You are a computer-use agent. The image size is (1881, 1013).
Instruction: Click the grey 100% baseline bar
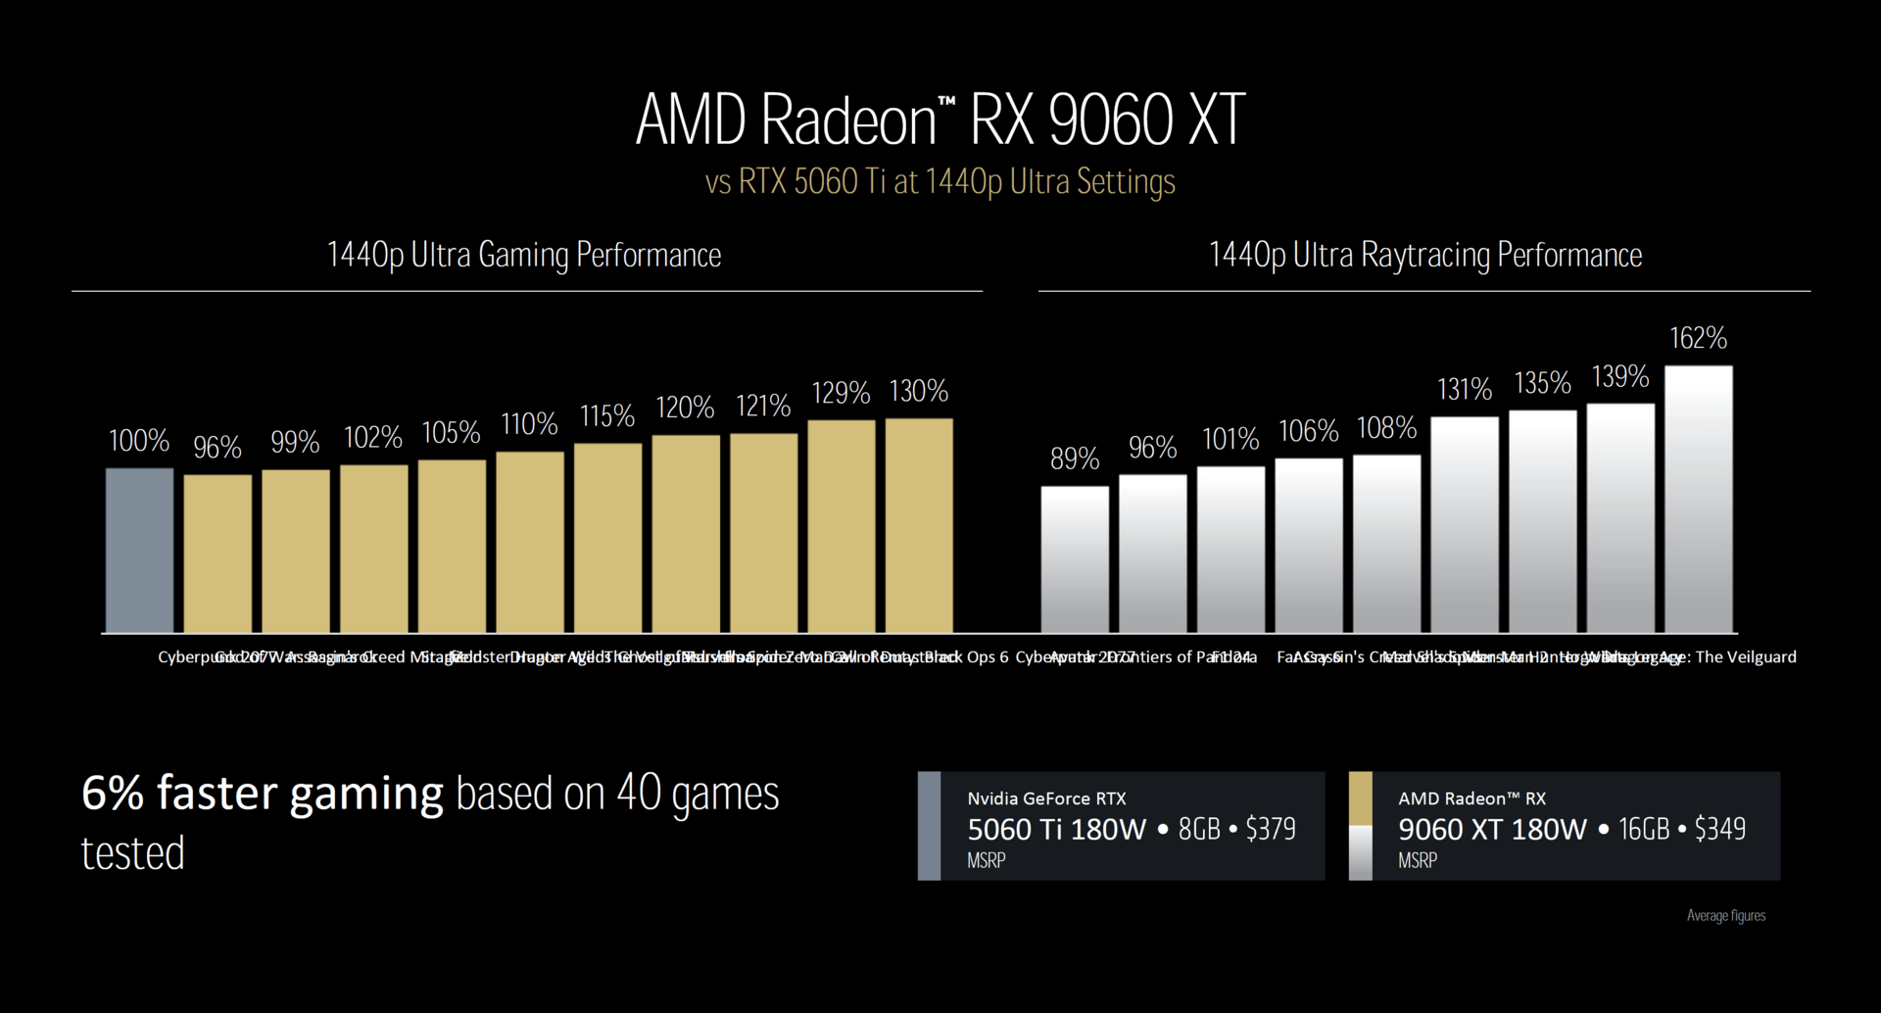pyautogui.click(x=139, y=550)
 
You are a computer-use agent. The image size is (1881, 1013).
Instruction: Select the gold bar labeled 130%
pyautogui.click(x=919, y=525)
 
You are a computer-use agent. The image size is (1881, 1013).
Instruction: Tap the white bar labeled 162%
pyautogui.click(x=1698, y=499)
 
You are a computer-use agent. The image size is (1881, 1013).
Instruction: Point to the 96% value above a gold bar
pyautogui.click(x=217, y=448)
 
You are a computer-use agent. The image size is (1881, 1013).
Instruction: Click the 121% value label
pyautogui.click(x=762, y=406)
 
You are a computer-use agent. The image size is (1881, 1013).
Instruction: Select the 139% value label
pyautogui.click(x=1619, y=376)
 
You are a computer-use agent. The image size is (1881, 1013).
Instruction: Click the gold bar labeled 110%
pyautogui.click(x=529, y=542)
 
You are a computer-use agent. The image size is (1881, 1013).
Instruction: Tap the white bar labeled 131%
pyautogui.click(x=1464, y=524)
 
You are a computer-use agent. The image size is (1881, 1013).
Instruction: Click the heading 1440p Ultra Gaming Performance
pyautogui.click(x=523, y=255)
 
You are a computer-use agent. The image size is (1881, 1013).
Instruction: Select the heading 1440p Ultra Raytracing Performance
pyautogui.click(x=1424, y=255)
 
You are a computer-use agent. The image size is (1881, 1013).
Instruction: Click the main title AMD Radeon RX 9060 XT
pyautogui.click(x=940, y=121)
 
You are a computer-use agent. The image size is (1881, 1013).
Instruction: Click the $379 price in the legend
pyautogui.click(x=1270, y=830)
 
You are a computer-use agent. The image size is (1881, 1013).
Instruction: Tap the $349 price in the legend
pyautogui.click(x=1719, y=829)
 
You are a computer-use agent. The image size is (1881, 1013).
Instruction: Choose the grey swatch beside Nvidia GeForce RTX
pyautogui.click(x=929, y=826)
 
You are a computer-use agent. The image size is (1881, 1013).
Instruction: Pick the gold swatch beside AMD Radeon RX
pyautogui.click(x=1360, y=798)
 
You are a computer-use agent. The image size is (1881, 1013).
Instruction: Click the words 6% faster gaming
pyautogui.click(x=262, y=794)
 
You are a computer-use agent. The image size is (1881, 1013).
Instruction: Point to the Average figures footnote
pyautogui.click(x=1725, y=916)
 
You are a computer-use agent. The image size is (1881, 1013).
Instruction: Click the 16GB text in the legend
pyautogui.click(x=1643, y=830)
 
